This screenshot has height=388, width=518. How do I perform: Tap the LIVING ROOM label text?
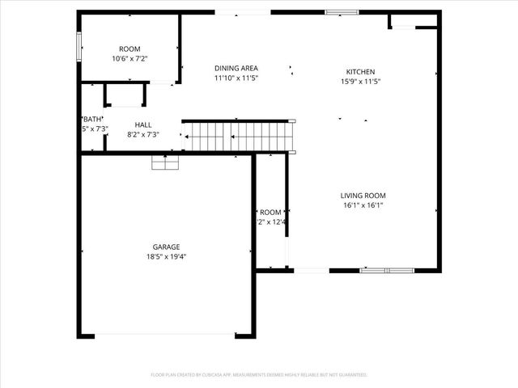pyautogui.click(x=362, y=196)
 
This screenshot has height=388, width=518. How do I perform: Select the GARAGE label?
pyautogui.click(x=166, y=247)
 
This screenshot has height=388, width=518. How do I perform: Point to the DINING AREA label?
pyautogui.click(x=236, y=69)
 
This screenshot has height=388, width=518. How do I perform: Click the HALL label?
pyautogui.click(x=143, y=125)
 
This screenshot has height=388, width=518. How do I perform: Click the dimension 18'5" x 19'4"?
pyautogui.click(x=166, y=257)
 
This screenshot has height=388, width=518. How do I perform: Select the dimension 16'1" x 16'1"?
pyautogui.click(x=362, y=205)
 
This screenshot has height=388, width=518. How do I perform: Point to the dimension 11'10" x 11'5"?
pyautogui.click(x=236, y=78)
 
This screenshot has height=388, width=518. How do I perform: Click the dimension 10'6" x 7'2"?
pyautogui.click(x=129, y=59)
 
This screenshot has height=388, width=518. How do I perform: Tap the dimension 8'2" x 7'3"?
pyautogui.click(x=143, y=135)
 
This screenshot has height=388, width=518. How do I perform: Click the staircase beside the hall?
pyautogui.click(x=239, y=137)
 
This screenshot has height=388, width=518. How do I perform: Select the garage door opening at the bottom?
pyautogui.click(x=165, y=335)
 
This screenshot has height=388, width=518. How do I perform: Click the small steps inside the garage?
pyautogui.click(x=164, y=162)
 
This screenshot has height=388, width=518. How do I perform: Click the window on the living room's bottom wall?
pyautogui.click(x=387, y=270)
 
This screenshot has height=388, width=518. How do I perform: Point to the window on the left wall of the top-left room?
pyautogui.click(x=79, y=46)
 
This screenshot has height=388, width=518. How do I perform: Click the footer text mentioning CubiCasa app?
pyautogui.click(x=259, y=375)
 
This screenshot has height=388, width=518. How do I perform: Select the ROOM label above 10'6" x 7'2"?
pyautogui.click(x=129, y=49)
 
